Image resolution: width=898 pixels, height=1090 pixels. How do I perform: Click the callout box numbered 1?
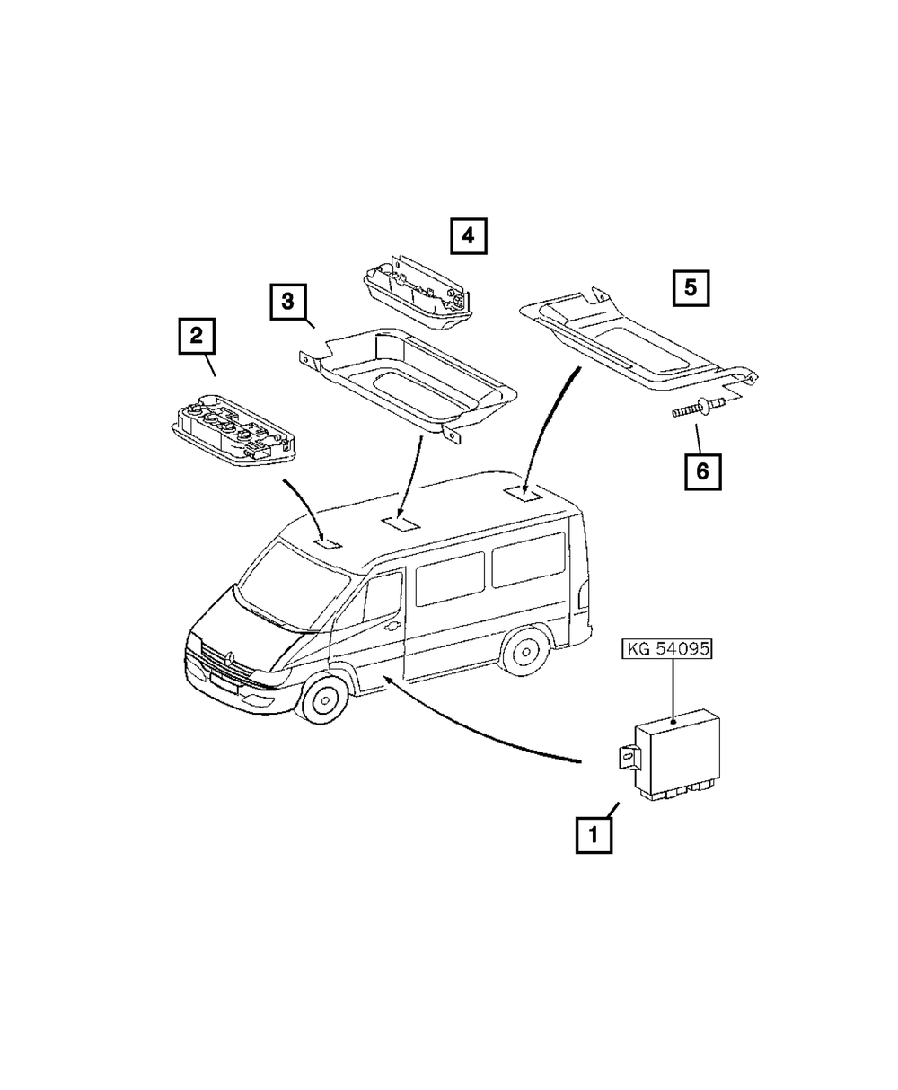click(x=594, y=836)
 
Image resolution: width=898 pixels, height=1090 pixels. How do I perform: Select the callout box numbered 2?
click(x=197, y=336)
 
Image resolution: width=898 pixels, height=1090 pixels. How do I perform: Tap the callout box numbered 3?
click(x=288, y=302)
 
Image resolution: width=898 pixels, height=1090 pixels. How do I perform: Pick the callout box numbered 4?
click(x=469, y=236)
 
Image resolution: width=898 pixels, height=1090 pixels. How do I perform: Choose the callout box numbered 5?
click(x=691, y=287)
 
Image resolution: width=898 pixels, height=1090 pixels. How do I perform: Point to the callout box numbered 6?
click(x=703, y=472)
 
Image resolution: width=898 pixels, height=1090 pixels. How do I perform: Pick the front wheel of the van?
click(x=322, y=699)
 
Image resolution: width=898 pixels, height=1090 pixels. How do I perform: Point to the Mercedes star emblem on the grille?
click(x=227, y=659)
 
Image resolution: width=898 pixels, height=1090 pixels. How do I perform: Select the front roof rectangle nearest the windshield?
click(x=328, y=544)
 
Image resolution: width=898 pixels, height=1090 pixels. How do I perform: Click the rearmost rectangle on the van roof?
click(x=524, y=493)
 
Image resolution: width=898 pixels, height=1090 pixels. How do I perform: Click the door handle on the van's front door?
click(x=391, y=627)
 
